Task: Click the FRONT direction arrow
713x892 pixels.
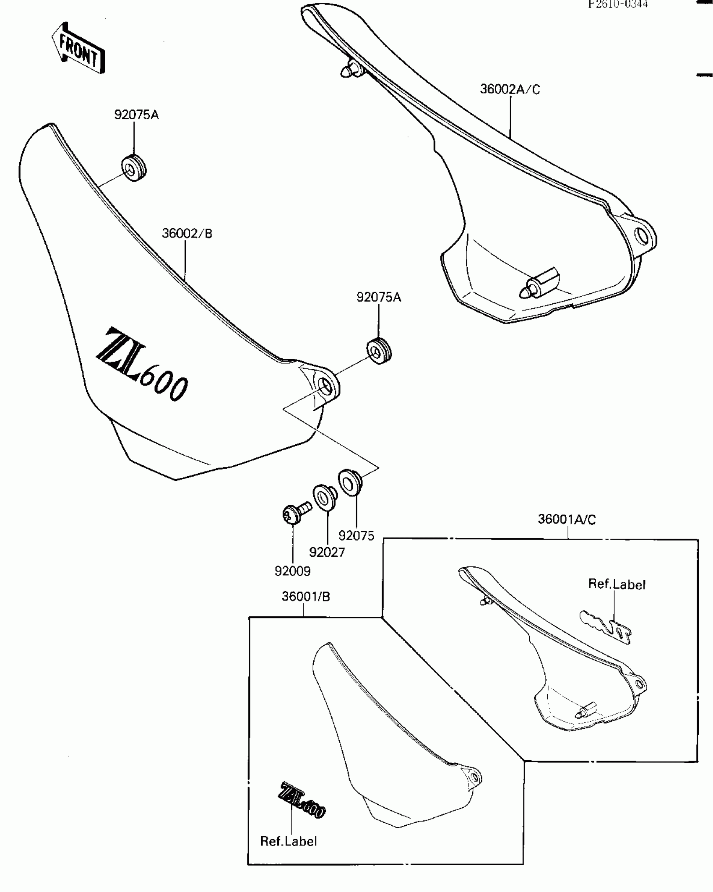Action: (79, 49)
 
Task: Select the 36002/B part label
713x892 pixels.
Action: (187, 233)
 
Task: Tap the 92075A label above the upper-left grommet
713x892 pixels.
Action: (136, 115)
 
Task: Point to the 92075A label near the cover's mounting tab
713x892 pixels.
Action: (379, 297)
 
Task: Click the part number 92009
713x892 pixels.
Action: (293, 571)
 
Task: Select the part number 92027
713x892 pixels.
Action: (327, 552)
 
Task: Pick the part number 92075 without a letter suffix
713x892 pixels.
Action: (356, 536)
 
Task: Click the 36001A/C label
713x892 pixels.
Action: (567, 520)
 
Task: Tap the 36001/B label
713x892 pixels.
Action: (306, 597)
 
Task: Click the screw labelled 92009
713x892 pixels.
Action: (294, 513)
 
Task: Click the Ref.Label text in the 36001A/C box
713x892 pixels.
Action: (617, 584)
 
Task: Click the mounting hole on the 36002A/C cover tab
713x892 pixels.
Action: (641, 236)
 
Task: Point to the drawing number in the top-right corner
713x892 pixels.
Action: (618, 4)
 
